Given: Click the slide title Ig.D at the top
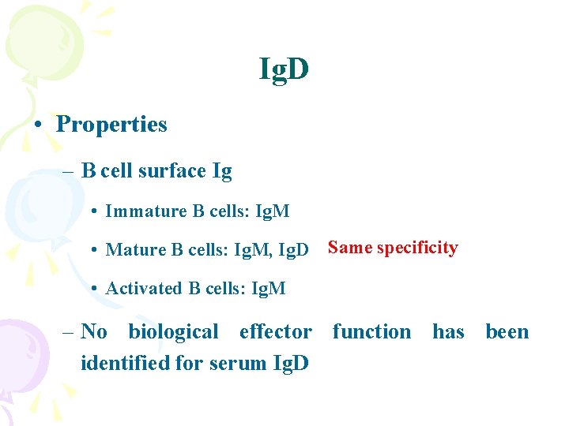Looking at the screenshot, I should (x=284, y=70).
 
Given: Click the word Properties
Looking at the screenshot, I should (x=111, y=125).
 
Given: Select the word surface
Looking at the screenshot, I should (x=172, y=171).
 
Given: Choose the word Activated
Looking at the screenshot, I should (x=144, y=289).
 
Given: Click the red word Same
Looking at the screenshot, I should (x=350, y=248).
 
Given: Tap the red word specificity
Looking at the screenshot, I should (x=417, y=248).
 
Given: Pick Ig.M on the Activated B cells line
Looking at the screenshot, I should (x=268, y=289).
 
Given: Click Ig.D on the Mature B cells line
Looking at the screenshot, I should (x=294, y=250).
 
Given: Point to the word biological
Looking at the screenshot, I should (x=173, y=332).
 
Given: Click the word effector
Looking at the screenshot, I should (x=275, y=332).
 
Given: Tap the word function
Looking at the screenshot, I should (x=371, y=332).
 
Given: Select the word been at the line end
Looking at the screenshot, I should (x=507, y=332).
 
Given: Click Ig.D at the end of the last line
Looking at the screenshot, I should (x=289, y=363).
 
